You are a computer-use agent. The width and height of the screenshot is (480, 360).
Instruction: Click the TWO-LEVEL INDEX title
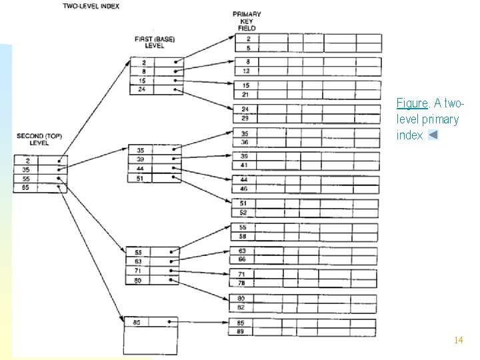pyautogui.click(x=91, y=6)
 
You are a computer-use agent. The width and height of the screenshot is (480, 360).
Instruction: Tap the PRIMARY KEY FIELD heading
pyautogui.click(x=247, y=21)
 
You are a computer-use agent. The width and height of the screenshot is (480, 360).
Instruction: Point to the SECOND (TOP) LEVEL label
pyautogui.click(x=39, y=139)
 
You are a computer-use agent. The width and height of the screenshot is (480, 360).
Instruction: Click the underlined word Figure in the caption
pyautogui.click(x=411, y=103)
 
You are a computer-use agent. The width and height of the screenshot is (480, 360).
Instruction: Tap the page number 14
pyautogui.click(x=458, y=340)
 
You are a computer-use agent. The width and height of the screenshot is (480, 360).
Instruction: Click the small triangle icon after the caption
pyautogui.click(x=433, y=135)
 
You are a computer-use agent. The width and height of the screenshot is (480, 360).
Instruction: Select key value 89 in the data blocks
pyautogui.click(x=241, y=331)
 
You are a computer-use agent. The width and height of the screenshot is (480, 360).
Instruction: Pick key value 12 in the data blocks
pyautogui.click(x=246, y=71)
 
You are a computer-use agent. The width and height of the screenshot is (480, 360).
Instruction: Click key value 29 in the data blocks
pyautogui.click(x=245, y=118)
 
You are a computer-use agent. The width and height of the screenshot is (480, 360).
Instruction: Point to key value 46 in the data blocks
pyautogui.click(x=243, y=189)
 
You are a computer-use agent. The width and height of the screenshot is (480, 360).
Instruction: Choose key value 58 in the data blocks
pyautogui.click(x=242, y=236)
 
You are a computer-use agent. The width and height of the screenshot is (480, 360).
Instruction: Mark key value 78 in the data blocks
pyautogui.click(x=241, y=283)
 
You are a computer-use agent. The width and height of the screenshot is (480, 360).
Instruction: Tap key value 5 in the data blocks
pyautogui.click(x=247, y=47)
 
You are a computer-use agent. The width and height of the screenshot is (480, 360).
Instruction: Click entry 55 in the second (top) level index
pyautogui.click(x=26, y=179)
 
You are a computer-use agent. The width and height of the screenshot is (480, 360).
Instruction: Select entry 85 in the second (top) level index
pyautogui.click(x=26, y=188)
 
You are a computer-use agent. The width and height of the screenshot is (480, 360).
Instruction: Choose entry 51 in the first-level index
pyautogui.click(x=140, y=178)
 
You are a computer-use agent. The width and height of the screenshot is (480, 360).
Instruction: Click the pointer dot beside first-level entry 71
pyautogui.click(x=171, y=271)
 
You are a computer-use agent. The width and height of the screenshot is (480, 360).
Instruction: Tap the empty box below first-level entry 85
pyautogui.click(x=151, y=341)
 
